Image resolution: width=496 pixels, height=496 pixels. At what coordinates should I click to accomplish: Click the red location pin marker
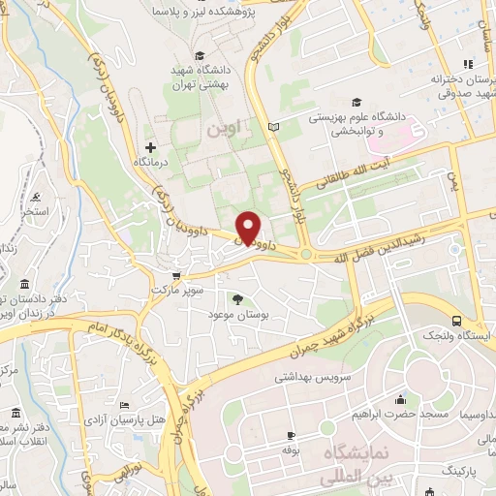[x=249, y=227]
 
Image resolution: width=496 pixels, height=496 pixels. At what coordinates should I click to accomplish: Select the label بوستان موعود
[x=238, y=315]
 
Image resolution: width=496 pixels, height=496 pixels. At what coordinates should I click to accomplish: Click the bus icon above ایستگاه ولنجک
[x=457, y=321]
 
